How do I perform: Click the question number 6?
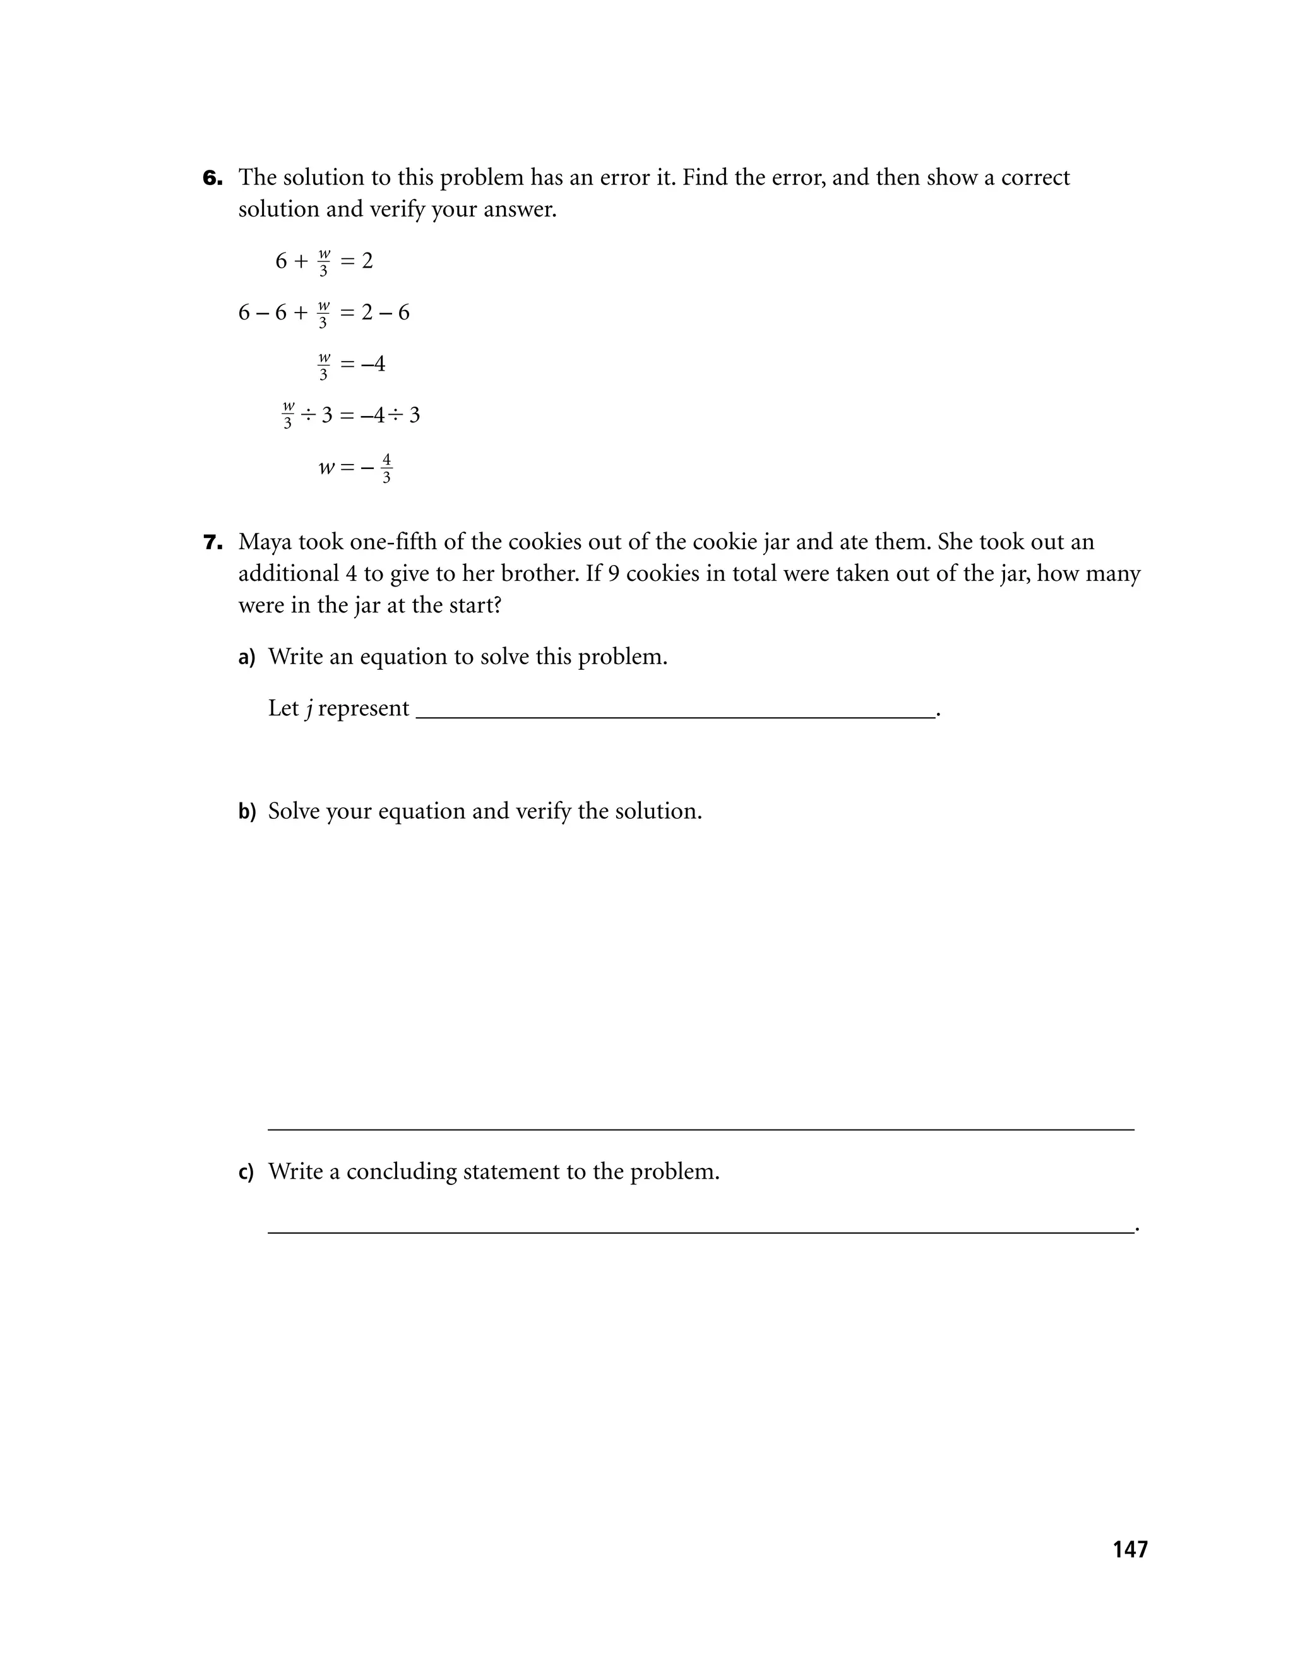tap(212, 178)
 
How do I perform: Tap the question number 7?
tap(212, 543)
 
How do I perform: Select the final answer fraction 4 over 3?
tap(386, 468)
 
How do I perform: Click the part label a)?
tap(247, 658)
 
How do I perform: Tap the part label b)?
tap(247, 811)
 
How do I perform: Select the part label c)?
tap(246, 1172)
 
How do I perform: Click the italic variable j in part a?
tap(309, 709)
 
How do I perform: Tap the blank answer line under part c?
tap(700, 1230)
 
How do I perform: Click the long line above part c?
tap(700, 1129)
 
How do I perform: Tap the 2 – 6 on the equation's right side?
tap(385, 313)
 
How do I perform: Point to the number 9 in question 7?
tap(613, 573)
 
